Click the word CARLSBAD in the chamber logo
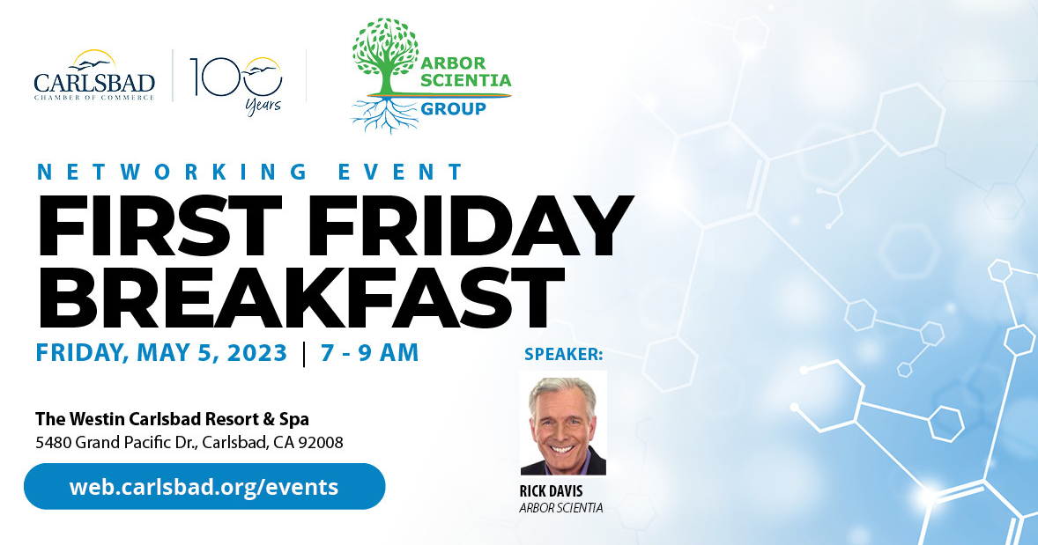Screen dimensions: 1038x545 (x=94, y=83)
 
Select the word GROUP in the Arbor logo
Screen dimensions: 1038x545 (x=454, y=108)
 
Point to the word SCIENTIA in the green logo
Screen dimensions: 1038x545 (x=466, y=80)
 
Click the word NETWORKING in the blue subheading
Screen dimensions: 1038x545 (x=172, y=172)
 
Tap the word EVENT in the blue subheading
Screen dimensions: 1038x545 (x=401, y=172)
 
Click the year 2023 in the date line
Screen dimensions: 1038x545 (x=257, y=352)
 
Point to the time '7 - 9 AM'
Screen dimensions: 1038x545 (x=369, y=352)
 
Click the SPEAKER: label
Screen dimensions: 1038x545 (x=563, y=354)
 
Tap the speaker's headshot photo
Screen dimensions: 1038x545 (x=563, y=423)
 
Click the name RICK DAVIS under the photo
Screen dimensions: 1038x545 (x=551, y=491)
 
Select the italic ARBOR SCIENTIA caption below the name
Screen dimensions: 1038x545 (x=561, y=508)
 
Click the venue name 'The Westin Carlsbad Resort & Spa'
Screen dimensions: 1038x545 (x=172, y=419)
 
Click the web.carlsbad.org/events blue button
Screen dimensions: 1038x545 (x=204, y=486)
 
